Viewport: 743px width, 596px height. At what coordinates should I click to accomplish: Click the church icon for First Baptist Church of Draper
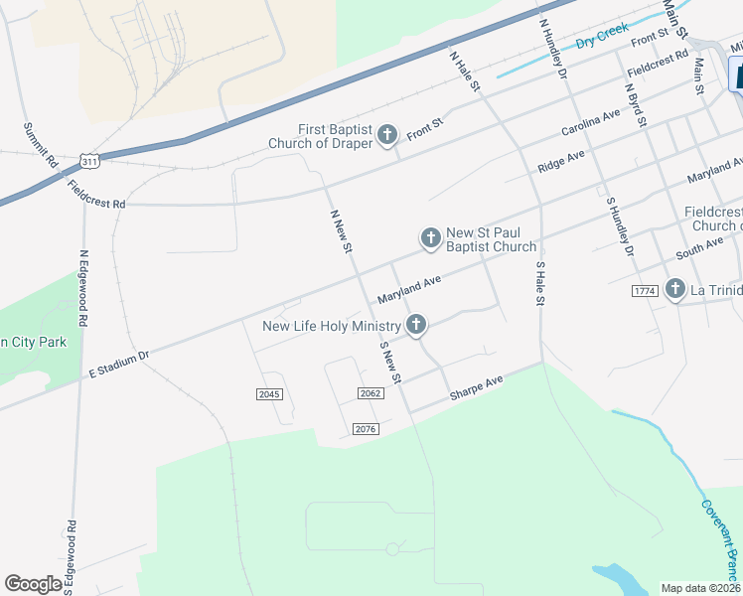click(387, 135)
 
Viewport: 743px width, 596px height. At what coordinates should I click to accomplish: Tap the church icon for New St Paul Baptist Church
click(430, 237)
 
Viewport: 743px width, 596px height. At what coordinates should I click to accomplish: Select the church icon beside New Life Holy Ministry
click(416, 325)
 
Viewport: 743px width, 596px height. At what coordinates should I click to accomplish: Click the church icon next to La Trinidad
click(675, 289)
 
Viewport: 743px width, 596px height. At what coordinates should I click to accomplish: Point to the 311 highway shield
click(90, 160)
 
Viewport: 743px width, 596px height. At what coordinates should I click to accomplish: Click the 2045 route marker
click(269, 394)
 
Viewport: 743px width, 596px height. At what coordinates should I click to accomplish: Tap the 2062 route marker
click(371, 394)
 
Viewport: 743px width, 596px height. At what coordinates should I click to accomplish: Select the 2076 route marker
click(366, 428)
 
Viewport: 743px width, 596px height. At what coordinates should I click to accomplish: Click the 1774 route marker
click(644, 290)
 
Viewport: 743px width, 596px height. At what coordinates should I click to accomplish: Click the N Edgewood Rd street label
click(84, 287)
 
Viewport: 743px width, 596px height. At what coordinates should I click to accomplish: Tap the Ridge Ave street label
click(561, 160)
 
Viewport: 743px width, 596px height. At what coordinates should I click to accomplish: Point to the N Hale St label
click(464, 73)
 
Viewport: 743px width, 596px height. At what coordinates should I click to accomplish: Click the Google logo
click(33, 584)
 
